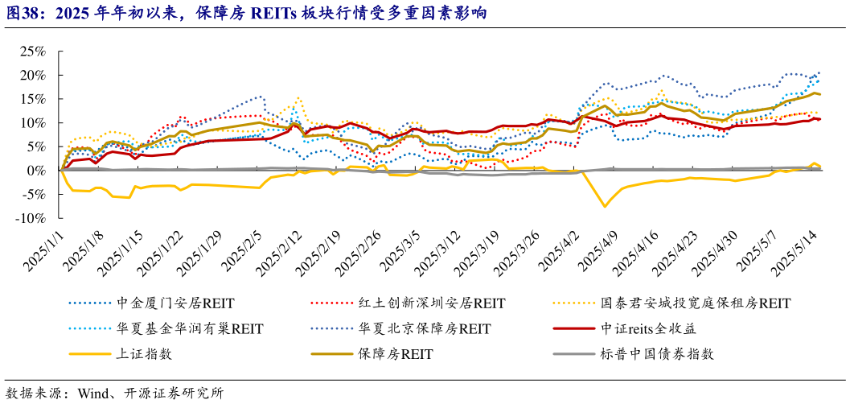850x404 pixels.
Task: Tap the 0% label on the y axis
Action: pos(35,171)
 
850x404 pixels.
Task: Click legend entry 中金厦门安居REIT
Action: pos(175,303)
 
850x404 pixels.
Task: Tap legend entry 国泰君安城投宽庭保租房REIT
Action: pos(696,303)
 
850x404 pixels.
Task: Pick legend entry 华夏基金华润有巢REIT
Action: pos(190,328)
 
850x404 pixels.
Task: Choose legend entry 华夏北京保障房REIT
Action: pos(425,328)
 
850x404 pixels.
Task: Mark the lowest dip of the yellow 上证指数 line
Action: pos(605,207)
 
